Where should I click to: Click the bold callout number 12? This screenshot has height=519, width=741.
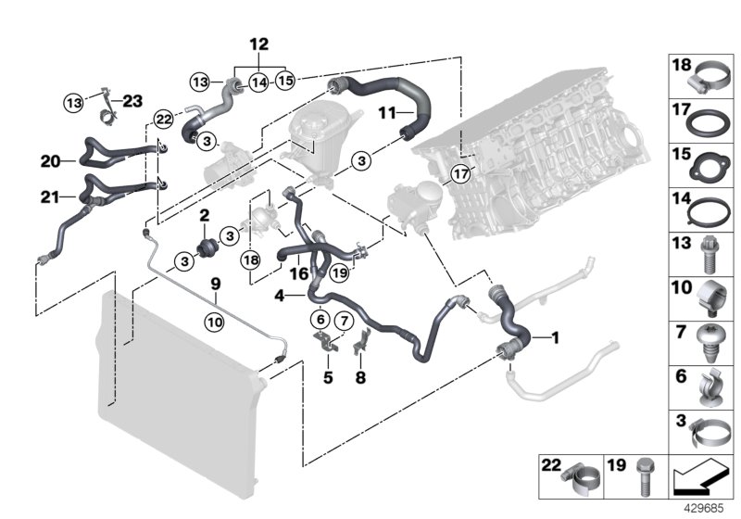258,43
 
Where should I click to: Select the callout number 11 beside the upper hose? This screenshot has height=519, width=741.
386,113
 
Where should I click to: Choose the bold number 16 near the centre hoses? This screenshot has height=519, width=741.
298,273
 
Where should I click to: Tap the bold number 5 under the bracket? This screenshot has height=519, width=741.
326,377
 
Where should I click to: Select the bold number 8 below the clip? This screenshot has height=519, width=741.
361,377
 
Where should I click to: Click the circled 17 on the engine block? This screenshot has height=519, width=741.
460,173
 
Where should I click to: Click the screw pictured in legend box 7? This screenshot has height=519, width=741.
713,343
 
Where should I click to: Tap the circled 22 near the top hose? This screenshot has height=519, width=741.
164,119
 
